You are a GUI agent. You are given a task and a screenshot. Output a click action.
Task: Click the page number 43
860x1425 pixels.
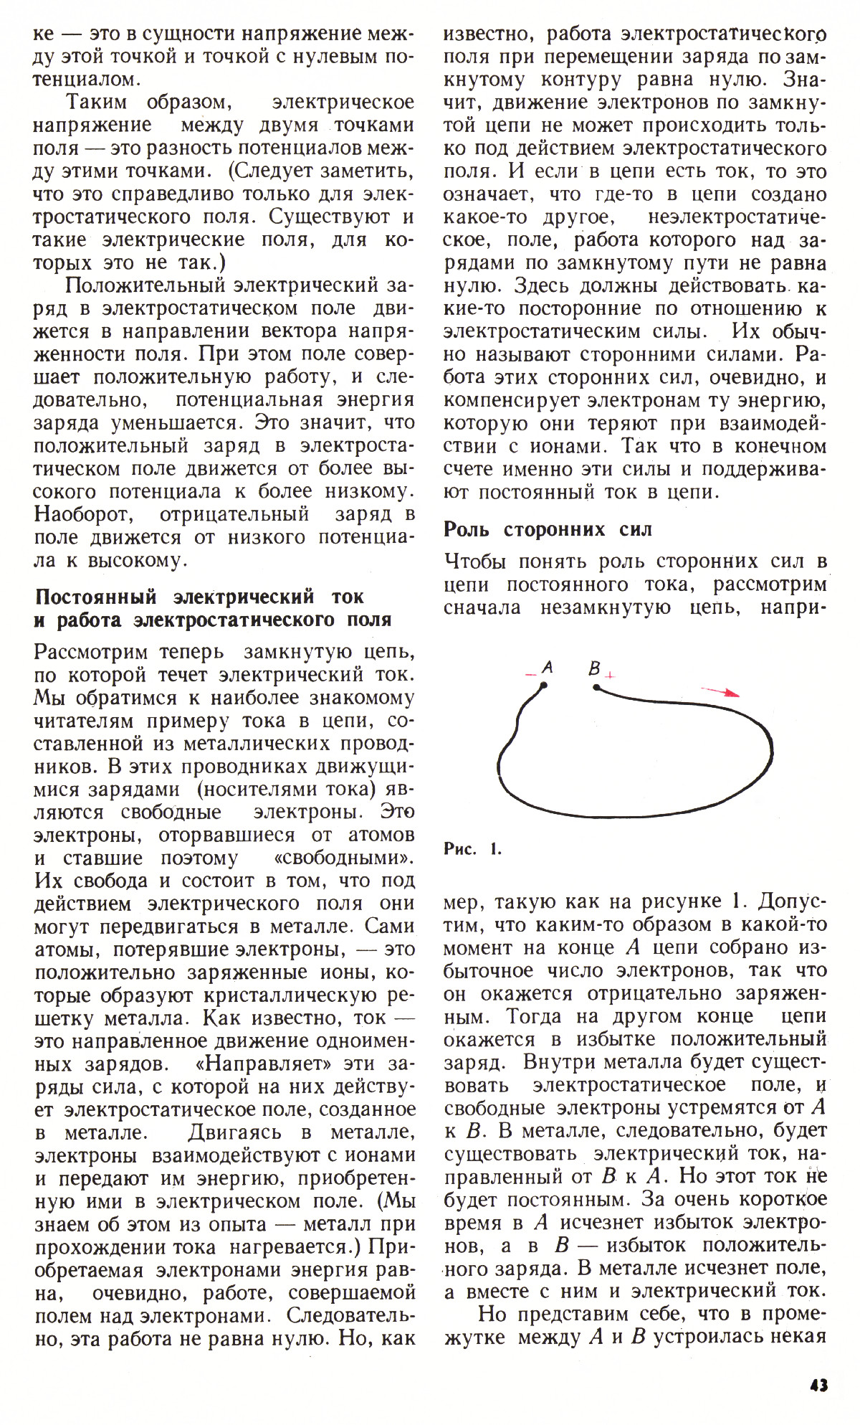tap(818, 1384)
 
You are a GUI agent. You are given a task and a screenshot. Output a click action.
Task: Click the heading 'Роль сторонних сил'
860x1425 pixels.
tap(548, 529)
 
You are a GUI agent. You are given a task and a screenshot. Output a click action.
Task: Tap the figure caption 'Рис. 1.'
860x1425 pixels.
tap(472, 850)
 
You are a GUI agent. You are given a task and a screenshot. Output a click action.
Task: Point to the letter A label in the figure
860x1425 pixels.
tap(548, 667)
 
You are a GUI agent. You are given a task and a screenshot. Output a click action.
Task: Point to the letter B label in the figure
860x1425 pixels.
tap(594, 668)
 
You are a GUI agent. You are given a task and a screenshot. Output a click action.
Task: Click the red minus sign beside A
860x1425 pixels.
tap(530, 674)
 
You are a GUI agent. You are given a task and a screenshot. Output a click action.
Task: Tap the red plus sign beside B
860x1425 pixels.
tap(610, 675)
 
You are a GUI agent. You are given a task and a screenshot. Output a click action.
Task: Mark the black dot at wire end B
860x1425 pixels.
tap(596, 687)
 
